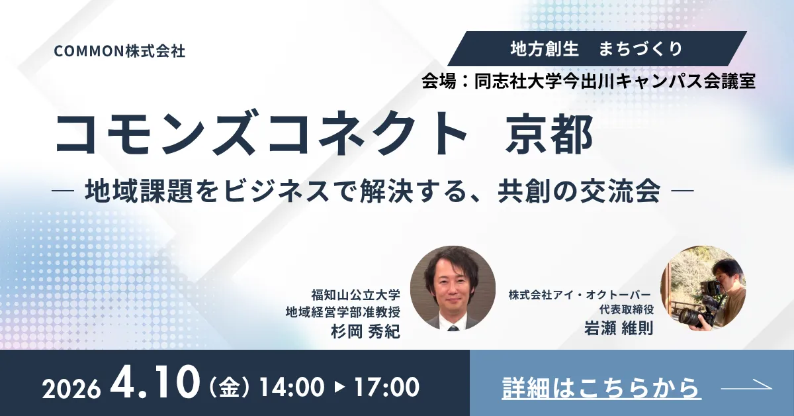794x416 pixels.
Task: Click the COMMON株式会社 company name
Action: [x=120, y=51]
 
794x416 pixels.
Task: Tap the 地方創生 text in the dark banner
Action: [x=545, y=48]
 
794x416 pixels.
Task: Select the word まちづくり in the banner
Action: [x=641, y=48]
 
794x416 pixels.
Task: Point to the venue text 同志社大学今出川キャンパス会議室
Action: [x=615, y=81]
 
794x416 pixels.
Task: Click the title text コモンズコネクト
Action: [x=261, y=133]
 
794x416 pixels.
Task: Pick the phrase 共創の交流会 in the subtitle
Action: [x=579, y=191]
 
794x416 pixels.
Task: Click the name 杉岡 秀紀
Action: [x=365, y=332]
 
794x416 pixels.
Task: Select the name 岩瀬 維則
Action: [x=619, y=329]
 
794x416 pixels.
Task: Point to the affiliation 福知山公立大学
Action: [x=355, y=294]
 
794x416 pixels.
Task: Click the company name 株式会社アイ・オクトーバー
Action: [x=580, y=295]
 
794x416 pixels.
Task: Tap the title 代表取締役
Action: [x=627, y=309]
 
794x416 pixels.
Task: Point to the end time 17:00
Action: [x=388, y=387]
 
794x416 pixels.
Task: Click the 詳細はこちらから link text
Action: [x=601, y=388]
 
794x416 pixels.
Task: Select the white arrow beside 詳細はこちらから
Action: [x=746, y=386]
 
